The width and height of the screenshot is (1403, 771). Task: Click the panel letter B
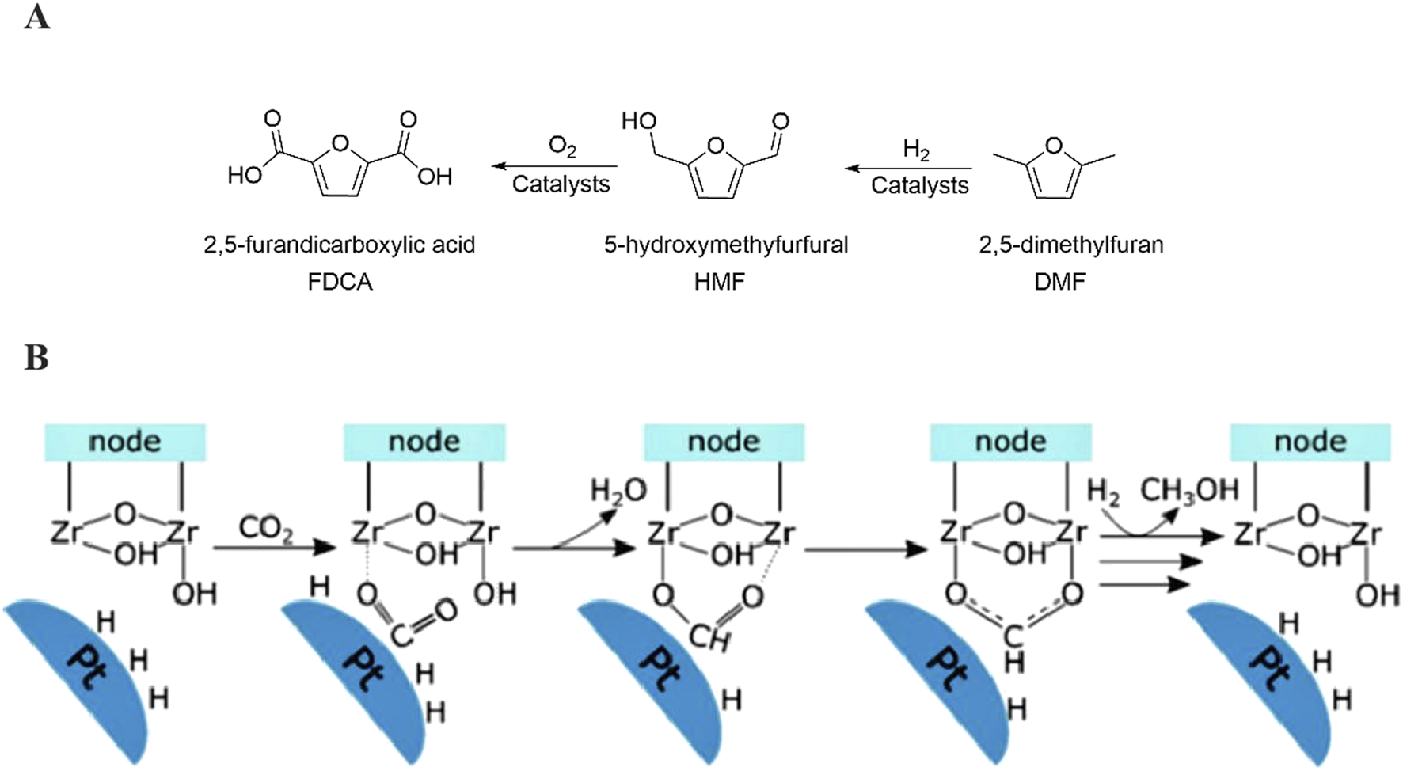pos(36,358)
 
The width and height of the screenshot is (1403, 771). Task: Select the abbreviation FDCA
pos(340,282)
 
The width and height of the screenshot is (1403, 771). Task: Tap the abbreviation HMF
pos(719,282)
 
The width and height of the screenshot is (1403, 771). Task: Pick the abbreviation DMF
pos(1059,282)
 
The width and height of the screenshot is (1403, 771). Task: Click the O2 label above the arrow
pos(561,146)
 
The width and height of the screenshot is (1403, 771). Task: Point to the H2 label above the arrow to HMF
pos(916,150)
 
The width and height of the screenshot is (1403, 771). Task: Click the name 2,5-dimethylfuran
pos(1070,245)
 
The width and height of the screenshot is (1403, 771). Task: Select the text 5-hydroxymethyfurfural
pos(725,245)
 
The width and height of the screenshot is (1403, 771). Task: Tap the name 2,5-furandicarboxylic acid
pos(340,245)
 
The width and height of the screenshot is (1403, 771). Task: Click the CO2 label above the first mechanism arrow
pos(265,528)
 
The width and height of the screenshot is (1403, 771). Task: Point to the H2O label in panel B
pos(618,492)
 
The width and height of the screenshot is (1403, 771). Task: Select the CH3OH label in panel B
pos(1188,491)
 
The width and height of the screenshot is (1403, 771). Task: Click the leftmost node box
pos(124,442)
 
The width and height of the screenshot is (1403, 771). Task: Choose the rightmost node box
pos(1310,442)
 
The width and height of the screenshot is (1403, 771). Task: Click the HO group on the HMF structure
pos(638,121)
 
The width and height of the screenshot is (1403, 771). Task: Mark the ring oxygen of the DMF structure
pos(1053,146)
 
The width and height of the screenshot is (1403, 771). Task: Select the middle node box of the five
pos(724,442)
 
